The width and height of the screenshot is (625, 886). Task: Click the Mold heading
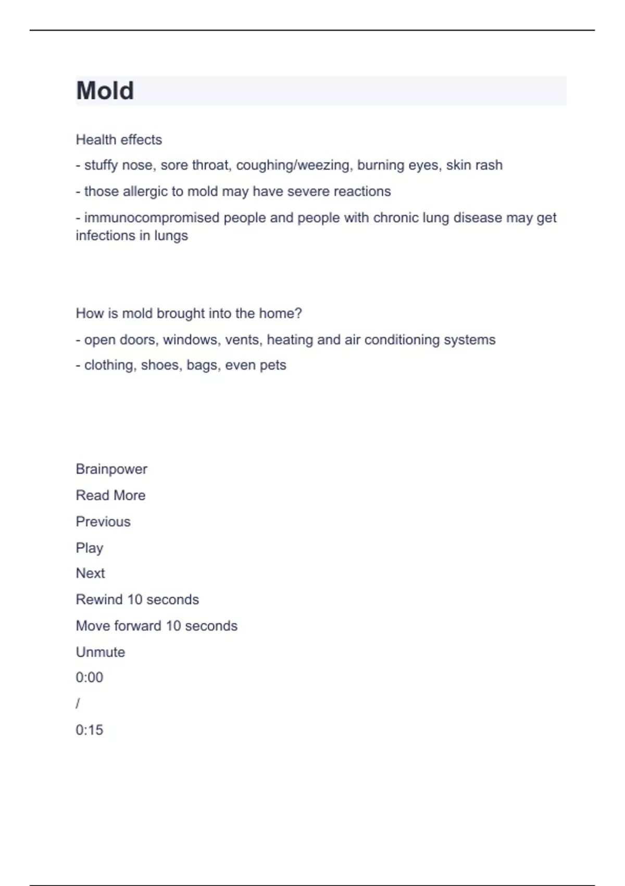(105, 91)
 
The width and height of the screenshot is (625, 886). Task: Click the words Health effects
(119, 140)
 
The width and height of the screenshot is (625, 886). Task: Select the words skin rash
(474, 165)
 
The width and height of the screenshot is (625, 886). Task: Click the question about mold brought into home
(189, 313)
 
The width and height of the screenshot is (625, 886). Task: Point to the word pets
(272, 365)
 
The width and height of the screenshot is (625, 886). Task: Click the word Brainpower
(111, 469)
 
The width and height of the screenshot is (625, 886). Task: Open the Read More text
(110, 495)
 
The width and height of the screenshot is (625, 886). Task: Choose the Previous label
(103, 522)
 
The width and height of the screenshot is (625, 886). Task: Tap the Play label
(90, 548)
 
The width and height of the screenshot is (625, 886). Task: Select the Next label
(90, 573)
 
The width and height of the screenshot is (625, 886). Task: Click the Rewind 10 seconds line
(137, 599)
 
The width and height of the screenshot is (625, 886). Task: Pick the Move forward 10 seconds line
(156, 625)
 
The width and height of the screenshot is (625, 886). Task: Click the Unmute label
(101, 652)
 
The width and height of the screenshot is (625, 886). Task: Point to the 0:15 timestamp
(90, 730)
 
